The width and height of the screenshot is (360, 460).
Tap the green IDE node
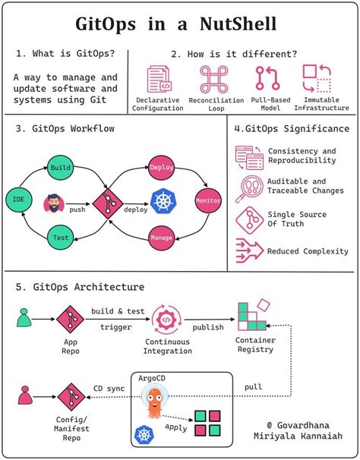(17, 200)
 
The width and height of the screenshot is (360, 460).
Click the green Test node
(60, 236)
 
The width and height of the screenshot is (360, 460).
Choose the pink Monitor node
(207, 200)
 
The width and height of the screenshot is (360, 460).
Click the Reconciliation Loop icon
(214, 80)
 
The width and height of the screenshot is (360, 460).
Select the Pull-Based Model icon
(267, 80)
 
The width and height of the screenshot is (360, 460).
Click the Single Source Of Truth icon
(248, 219)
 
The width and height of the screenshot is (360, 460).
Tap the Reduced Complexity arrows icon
(248, 250)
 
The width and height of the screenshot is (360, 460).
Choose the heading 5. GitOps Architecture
(78, 286)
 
